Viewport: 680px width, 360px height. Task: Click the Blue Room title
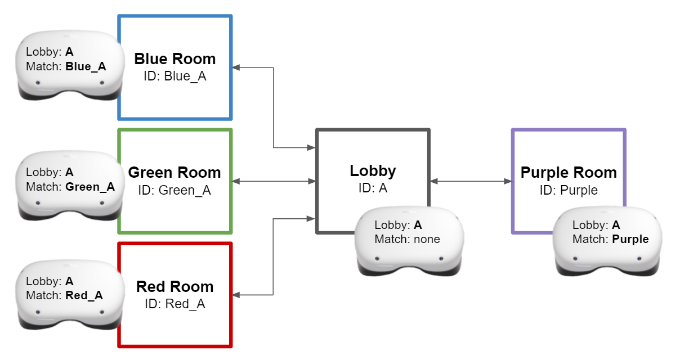[x=175, y=59]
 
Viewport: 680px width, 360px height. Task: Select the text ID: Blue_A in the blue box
[x=175, y=76]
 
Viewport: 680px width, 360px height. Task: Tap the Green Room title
[x=175, y=172]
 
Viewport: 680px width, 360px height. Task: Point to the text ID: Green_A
[x=175, y=190]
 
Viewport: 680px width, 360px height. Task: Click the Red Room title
[x=175, y=287]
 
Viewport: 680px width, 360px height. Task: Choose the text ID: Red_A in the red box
[x=175, y=304]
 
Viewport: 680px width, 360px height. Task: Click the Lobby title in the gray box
[x=373, y=171]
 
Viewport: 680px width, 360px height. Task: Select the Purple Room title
[x=569, y=172]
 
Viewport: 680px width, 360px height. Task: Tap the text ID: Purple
[x=569, y=190]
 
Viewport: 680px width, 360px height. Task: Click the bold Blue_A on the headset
[x=86, y=67]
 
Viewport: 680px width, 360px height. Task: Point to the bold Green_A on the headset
[x=90, y=187]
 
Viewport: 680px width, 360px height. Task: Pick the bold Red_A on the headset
[x=84, y=295]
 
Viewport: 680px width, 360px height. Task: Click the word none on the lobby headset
[x=427, y=239]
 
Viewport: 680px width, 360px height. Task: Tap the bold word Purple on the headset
[x=630, y=239]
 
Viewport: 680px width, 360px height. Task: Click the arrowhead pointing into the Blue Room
[x=236, y=67]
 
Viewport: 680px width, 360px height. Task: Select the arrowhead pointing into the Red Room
[x=236, y=295]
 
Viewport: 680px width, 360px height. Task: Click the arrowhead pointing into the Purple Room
[x=507, y=181]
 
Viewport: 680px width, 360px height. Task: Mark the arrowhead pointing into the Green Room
[x=236, y=181]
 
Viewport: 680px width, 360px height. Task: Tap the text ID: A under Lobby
[x=373, y=188]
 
